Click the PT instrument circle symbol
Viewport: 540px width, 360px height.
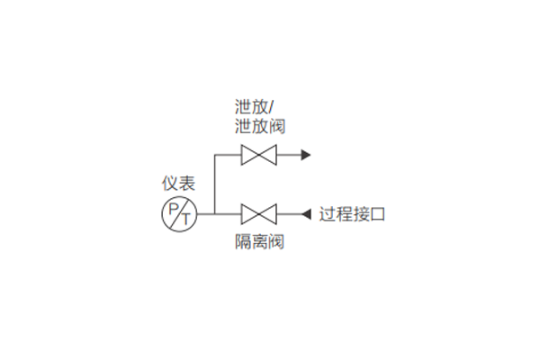(x=179, y=214)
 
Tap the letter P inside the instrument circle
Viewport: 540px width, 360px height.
(x=174, y=209)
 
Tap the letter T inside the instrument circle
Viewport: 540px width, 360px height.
(x=186, y=219)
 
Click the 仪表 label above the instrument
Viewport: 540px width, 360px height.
(x=178, y=184)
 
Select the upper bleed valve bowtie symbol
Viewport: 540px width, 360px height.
(x=258, y=155)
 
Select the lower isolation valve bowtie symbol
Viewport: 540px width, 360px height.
(x=258, y=214)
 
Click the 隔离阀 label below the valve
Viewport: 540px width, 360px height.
(x=260, y=241)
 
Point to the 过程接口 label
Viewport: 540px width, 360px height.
(x=352, y=214)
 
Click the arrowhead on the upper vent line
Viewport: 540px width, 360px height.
(x=306, y=155)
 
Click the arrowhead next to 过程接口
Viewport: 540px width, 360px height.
(x=306, y=214)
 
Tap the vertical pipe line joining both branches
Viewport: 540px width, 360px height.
(x=215, y=184)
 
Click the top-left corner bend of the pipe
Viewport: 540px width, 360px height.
(x=215, y=155)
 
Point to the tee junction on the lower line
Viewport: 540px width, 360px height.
(x=215, y=214)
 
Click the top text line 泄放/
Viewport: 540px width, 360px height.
(x=254, y=107)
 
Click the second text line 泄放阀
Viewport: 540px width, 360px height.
(x=260, y=126)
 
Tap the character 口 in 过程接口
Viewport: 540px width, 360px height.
(x=377, y=214)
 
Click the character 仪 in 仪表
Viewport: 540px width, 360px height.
(x=170, y=184)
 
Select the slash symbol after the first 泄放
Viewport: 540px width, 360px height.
(x=271, y=107)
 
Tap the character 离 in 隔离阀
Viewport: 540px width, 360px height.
(x=260, y=241)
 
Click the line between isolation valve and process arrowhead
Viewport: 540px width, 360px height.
(x=289, y=214)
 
